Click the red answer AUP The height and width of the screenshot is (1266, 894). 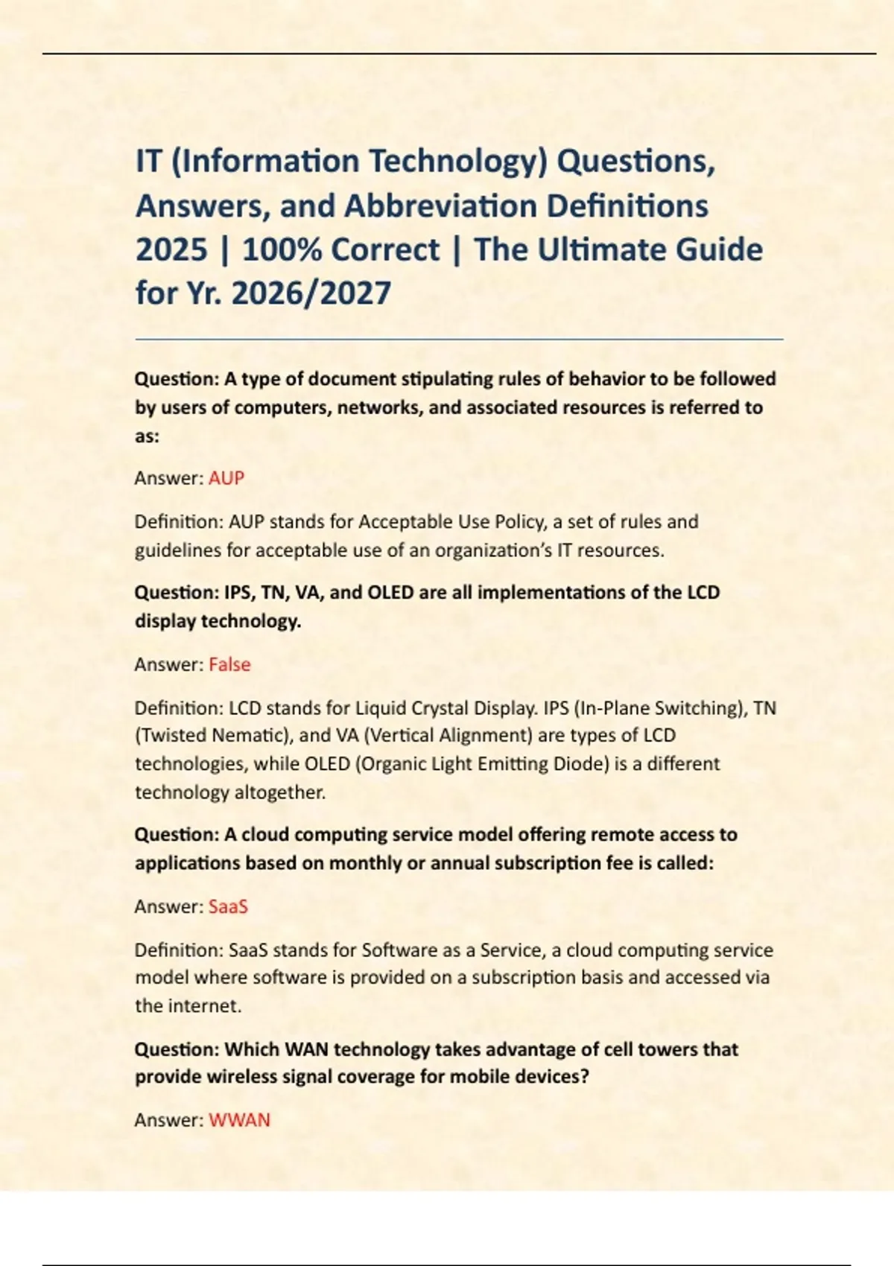pyautogui.click(x=226, y=478)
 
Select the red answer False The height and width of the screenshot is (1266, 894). pyautogui.click(x=229, y=664)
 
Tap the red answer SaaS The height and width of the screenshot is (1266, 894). pyautogui.click(x=228, y=906)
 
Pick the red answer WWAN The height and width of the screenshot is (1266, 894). pyautogui.click(x=239, y=1120)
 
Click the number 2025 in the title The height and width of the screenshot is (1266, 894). pyautogui.click(x=171, y=249)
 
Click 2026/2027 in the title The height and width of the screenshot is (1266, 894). pyautogui.click(x=311, y=293)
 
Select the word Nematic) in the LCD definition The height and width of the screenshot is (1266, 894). pyautogui.click(x=252, y=736)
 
